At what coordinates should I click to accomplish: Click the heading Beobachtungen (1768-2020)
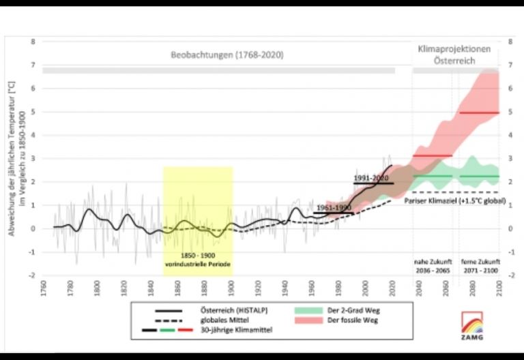tap(227, 55)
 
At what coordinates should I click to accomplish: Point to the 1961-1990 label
tap(334, 207)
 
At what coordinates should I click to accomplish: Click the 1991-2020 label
tap(372, 177)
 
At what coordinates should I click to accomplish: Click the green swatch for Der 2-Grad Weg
tap(309, 310)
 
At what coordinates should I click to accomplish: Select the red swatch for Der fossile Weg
tap(309, 320)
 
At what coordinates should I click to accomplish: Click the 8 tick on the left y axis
tap(33, 42)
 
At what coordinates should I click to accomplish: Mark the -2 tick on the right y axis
tap(509, 275)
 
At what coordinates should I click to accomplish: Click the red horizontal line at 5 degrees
tap(479, 112)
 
